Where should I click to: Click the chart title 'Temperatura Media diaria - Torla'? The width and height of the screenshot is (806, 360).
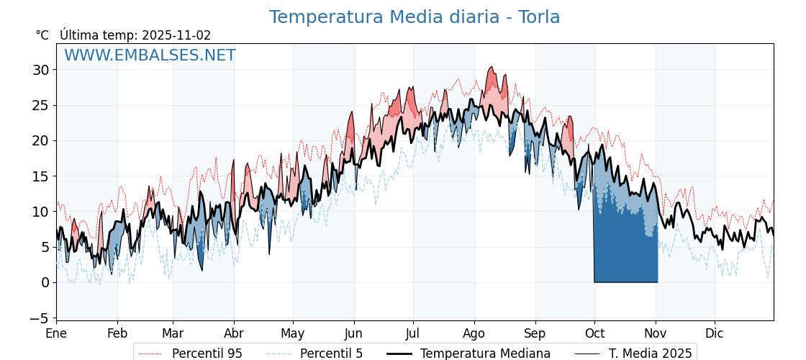coord(415,17)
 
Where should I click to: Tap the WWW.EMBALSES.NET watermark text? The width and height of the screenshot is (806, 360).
coord(150,55)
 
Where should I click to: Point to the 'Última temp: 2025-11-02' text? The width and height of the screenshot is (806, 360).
coord(135,35)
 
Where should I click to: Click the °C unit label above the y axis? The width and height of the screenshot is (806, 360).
coord(42,35)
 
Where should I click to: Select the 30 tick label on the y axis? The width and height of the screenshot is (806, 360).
coord(41,70)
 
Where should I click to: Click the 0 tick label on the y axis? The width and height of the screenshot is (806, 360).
coord(45,282)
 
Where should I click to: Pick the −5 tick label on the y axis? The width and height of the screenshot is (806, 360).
coord(41,318)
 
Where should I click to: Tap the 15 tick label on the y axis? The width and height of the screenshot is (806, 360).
coord(41,176)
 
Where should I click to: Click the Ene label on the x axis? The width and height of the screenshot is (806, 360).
coord(56,333)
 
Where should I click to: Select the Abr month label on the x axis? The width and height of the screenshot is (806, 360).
coord(234,333)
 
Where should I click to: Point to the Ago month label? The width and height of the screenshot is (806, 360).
coord(474,333)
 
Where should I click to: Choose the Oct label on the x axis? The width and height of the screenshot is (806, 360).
coord(594,333)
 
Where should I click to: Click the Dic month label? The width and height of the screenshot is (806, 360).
coord(715,333)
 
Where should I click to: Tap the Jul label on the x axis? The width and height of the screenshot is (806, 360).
coord(413,333)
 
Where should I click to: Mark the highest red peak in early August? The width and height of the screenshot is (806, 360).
coord(492,68)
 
